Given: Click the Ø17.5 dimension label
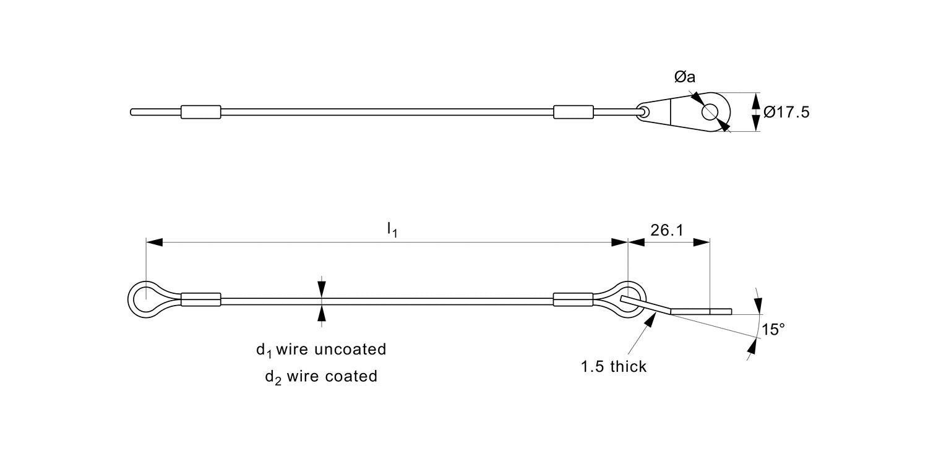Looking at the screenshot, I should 786,113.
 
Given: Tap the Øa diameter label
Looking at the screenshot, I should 685,77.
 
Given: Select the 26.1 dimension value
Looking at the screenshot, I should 667,231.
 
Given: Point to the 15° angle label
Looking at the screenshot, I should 773,330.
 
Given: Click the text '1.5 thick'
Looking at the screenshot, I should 613,367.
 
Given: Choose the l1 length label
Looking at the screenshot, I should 392,230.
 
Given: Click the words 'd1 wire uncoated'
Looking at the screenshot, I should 321,350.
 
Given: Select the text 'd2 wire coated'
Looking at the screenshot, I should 321,376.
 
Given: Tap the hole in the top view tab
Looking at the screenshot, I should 710,112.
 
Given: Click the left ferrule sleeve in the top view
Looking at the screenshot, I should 200,112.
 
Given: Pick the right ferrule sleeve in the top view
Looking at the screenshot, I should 573,112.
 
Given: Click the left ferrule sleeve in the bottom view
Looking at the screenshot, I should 200,300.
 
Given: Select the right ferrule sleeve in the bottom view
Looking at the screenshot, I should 573,300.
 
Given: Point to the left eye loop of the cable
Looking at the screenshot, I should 146,300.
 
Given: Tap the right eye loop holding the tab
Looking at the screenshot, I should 630,300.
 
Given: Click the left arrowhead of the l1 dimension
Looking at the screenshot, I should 154,243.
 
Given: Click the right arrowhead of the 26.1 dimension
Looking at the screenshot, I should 702,243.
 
